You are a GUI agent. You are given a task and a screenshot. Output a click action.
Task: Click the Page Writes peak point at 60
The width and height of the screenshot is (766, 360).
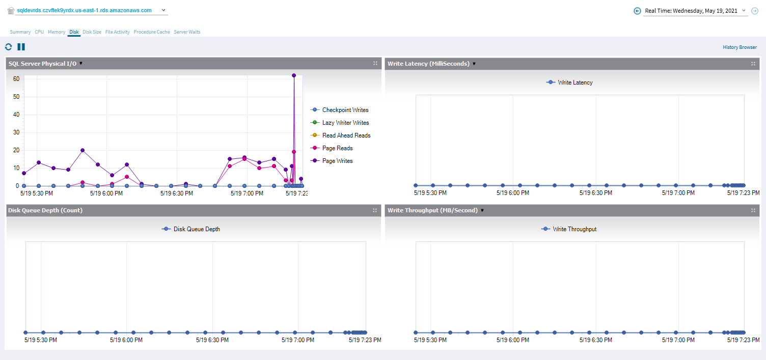click(x=294, y=75)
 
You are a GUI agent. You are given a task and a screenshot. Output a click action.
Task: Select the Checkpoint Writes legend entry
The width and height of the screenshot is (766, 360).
click(x=345, y=110)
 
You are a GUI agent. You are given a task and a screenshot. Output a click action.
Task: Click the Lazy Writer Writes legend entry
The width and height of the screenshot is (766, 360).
click(x=345, y=123)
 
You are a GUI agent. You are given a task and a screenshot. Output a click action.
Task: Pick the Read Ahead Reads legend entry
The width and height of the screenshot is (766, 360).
click(x=346, y=135)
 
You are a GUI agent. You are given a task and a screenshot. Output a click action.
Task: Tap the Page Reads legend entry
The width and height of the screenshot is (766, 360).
click(x=337, y=148)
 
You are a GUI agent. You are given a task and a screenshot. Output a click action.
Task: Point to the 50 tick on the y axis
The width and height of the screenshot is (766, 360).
click(x=16, y=97)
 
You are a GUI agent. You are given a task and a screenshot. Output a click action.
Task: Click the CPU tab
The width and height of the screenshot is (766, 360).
click(x=39, y=32)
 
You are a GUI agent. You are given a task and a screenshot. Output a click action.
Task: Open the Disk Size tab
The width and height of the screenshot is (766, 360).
click(x=92, y=32)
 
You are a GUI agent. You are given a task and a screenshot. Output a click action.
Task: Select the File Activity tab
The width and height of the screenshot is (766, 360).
click(x=118, y=32)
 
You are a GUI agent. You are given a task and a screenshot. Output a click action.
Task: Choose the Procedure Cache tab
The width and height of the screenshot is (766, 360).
click(x=152, y=32)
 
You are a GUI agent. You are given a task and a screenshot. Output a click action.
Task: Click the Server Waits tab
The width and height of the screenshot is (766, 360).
click(x=187, y=32)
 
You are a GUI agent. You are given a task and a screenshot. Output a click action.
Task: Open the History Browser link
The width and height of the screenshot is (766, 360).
click(x=740, y=47)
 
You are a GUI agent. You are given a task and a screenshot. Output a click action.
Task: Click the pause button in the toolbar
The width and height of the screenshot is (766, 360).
click(x=21, y=47)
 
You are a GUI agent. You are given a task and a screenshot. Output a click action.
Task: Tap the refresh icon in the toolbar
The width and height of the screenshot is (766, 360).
click(x=9, y=47)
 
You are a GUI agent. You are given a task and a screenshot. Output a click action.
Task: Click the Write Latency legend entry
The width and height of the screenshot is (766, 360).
click(x=574, y=82)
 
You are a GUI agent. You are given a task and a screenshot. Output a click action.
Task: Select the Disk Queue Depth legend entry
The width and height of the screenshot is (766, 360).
click(x=196, y=229)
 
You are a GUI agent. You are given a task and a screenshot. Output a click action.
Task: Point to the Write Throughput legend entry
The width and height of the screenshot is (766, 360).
click(x=574, y=229)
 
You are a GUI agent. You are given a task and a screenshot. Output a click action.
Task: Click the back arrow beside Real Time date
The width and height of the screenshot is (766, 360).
click(x=637, y=11)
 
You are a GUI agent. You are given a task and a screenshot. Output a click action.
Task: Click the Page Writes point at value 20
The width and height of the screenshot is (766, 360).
click(x=83, y=150)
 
